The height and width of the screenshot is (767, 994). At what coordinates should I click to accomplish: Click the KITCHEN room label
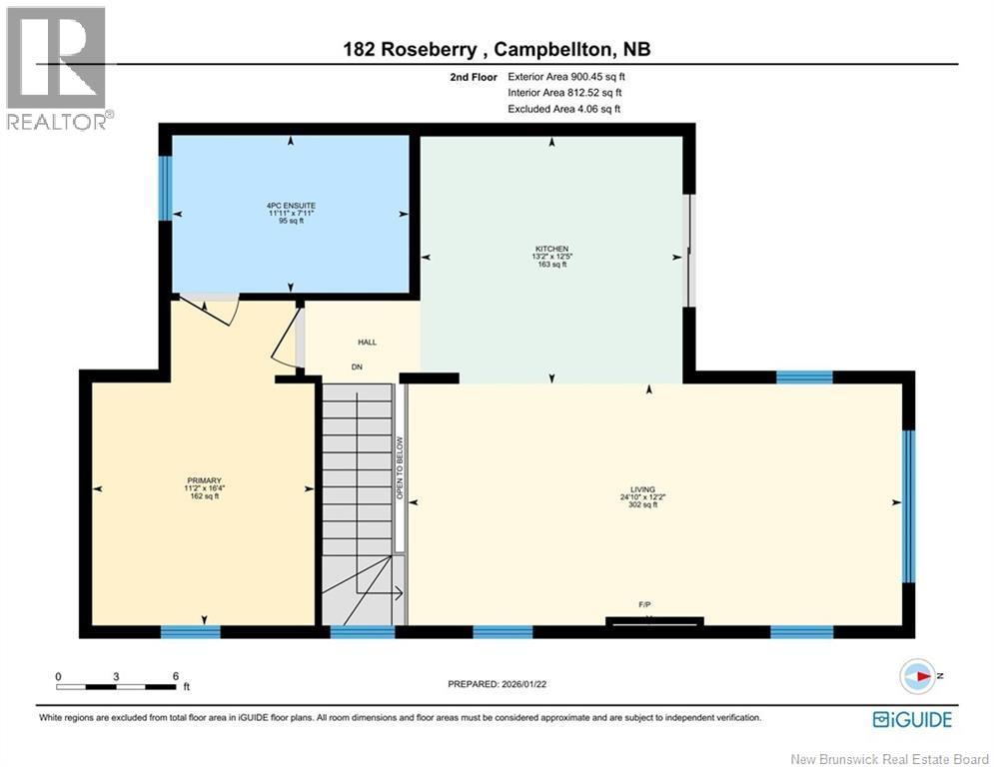[x=550, y=249]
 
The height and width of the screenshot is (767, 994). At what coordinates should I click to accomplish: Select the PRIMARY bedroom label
[x=202, y=480]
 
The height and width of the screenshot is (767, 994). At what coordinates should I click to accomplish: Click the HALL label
[x=367, y=343]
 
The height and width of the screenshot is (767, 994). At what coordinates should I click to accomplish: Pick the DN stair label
[x=357, y=367]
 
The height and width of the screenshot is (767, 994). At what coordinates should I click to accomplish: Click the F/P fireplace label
[x=645, y=605]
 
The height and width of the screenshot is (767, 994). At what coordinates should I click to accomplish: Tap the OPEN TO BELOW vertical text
[x=399, y=467]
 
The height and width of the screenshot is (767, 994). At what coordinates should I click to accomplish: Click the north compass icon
[x=916, y=676]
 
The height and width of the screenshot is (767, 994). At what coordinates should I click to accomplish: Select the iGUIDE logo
[x=912, y=719]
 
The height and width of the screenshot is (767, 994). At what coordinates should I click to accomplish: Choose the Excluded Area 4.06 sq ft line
[x=563, y=109]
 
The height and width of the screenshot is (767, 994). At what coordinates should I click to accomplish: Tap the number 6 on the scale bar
[x=175, y=676]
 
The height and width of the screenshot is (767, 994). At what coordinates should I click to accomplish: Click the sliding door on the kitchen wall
[x=687, y=251]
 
